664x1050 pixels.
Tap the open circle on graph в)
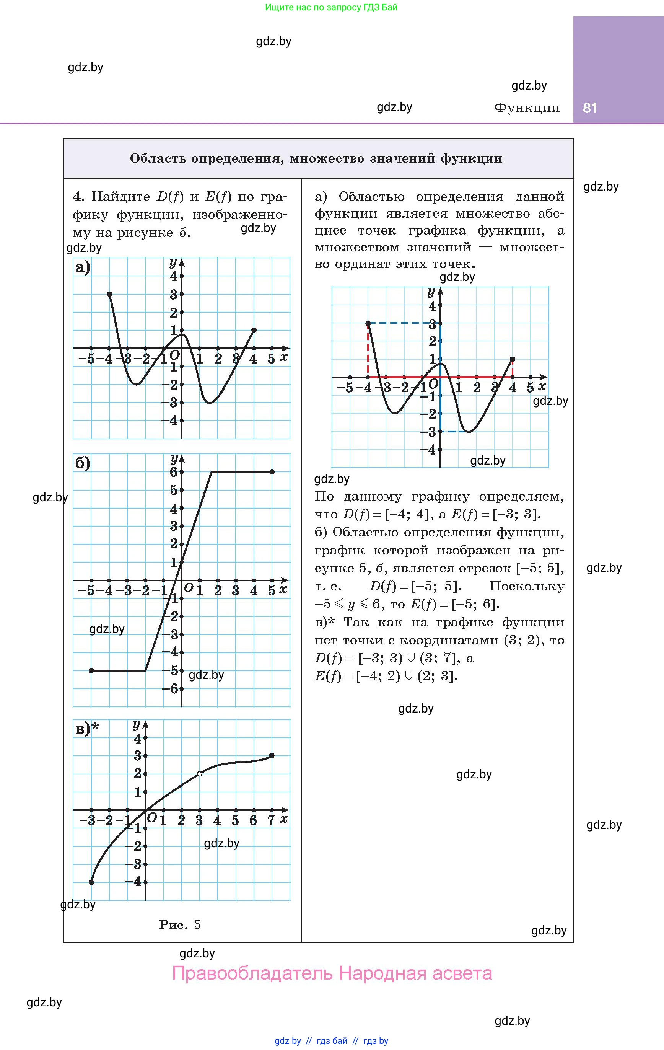200,774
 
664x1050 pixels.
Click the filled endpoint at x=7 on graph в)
272,756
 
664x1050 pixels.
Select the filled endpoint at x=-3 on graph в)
91,882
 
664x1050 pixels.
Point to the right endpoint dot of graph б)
272,472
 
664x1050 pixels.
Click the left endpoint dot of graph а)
109,294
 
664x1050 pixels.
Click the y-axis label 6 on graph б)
174,472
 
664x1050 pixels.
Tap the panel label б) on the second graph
82,463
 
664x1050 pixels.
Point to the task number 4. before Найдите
78,197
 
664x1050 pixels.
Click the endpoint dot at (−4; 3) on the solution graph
368,323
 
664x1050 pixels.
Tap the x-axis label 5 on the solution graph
530,387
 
